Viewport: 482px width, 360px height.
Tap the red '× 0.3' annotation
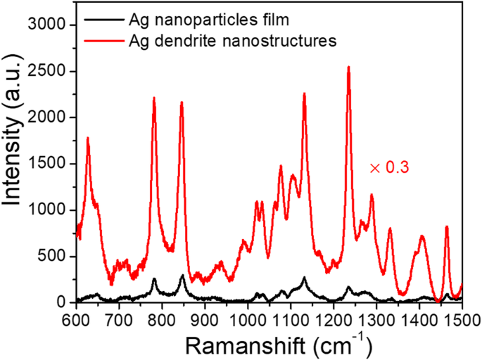[x=389, y=168]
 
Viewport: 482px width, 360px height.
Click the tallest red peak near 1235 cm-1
[x=348, y=67]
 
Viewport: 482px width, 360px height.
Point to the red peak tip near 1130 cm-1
[x=304, y=94]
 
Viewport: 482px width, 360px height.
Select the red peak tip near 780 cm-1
[x=153, y=98]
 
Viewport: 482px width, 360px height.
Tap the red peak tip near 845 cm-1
[x=182, y=103]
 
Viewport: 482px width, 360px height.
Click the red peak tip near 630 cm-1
[x=88, y=138]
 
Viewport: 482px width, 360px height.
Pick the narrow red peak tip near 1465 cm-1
[x=447, y=226]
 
